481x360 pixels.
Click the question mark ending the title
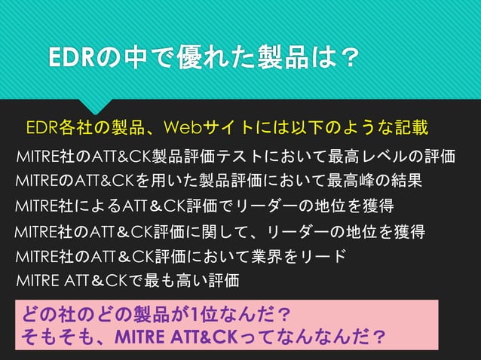click(345, 58)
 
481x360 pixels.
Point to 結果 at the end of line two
click(407, 181)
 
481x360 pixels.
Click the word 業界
click(274, 255)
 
